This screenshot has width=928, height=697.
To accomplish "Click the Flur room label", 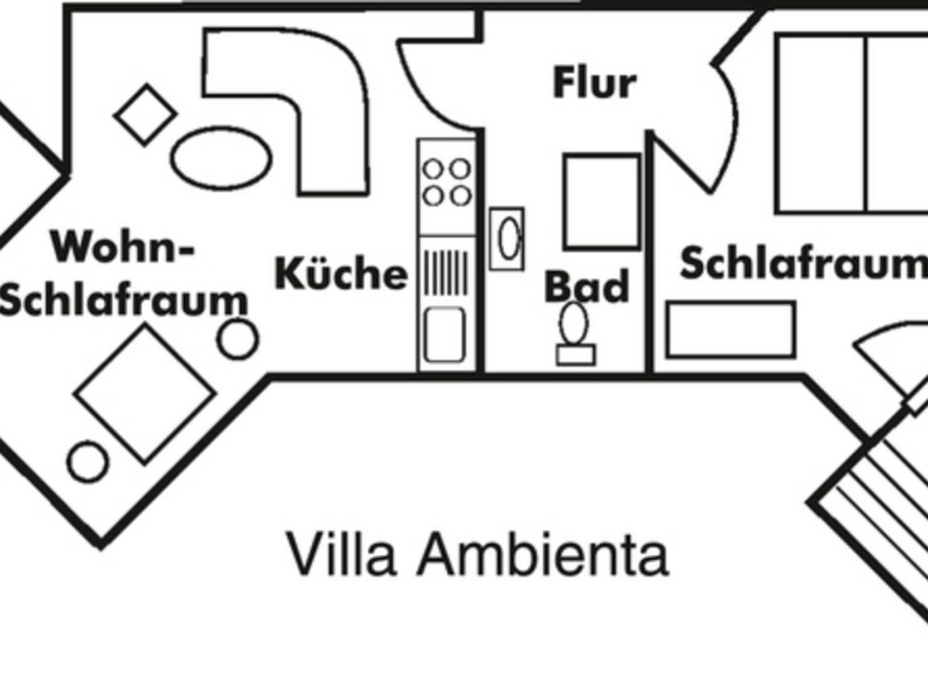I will pyautogui.click(x=594, y=82).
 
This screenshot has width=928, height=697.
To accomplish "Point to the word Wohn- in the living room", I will pyautogui.click(x=122, y=247).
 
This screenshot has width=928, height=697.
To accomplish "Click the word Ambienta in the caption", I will pyautogui.click(x=542, y=554).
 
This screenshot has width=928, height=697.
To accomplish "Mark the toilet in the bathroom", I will pyautogui.click(x=575, y=333).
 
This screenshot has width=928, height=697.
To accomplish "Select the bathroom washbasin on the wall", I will pyautogui.click(x=507, y=239).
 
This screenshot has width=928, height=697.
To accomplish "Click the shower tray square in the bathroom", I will pyautogui.click(x=602, y=202).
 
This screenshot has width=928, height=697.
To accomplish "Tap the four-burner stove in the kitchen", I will pyautogui.click(x=447, y=183).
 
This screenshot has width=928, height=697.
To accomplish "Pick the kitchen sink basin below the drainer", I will pyautogui.click(x=445, y=334).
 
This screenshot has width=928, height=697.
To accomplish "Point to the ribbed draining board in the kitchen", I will pyautogui.click(x=446, y=272).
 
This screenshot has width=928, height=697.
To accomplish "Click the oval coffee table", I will pyautogui.click(x=222, y=158).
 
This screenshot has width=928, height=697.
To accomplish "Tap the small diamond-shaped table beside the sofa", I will pyautogui.click(x=145, y=115).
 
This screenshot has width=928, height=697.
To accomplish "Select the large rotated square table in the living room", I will pyautogui.click(x=145, y=394).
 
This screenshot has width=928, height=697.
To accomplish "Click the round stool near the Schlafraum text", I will pyautogui.click(x=238, y=339).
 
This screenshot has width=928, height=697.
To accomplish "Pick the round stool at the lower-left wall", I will pyautogui.click(x=88, y=462).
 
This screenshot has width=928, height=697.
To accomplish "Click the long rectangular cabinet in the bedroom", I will pyautogui.click(x=730, y=329).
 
